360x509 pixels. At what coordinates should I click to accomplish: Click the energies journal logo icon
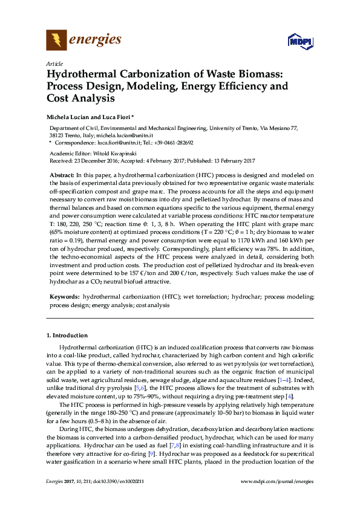click(56, 41)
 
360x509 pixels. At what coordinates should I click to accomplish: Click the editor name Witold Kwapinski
click(111, 154)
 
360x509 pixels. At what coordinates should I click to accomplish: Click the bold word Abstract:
click(62, 174)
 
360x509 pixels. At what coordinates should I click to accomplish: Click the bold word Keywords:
click(64, 297)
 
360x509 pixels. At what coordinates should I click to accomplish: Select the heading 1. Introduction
click(66, 335)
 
